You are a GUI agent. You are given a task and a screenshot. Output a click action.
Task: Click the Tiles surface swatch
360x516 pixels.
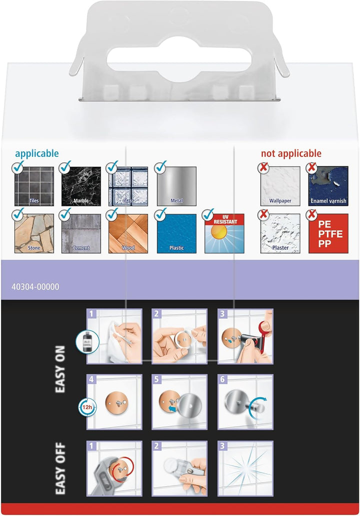[x=34, y=186]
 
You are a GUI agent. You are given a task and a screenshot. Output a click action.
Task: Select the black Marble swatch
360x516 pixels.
[x=81, y=186]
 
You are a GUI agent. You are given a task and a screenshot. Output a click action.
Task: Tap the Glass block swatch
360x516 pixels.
[x=128, y=186]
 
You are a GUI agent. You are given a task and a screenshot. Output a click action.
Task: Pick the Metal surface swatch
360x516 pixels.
[x=176, y=186]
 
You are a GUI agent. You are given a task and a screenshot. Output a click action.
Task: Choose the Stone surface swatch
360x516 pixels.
[x=34, y=233]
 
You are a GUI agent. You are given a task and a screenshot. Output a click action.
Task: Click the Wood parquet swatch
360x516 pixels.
[x=128, y=233]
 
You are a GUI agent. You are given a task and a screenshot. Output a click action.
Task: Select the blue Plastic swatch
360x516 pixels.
[x=176, y=233]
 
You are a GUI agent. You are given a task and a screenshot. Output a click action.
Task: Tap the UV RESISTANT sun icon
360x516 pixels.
[x=224, y=233]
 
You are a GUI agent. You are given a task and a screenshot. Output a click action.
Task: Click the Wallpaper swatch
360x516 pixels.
[x=280, y=186]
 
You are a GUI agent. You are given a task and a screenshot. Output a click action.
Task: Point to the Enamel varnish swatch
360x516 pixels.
[x=328, y=186]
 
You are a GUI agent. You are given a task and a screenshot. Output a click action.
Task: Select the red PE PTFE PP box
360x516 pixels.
[x=328, y=233]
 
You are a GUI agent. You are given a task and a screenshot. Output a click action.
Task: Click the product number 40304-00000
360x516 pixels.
[x=35, y=287]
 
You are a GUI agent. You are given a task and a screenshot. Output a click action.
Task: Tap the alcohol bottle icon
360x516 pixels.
[x=87, y=342]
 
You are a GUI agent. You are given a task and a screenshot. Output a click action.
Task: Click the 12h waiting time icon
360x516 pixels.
[x=87, y=408]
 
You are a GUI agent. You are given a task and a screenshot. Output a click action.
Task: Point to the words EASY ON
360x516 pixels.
[x=60, y=369]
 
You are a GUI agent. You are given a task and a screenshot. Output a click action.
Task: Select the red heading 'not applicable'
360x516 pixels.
[x=291, y=153]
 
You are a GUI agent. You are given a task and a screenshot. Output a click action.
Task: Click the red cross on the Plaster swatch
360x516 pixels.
[x=263, y=215]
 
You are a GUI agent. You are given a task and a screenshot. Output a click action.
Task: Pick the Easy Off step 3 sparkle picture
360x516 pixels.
[x=245, y=469]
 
